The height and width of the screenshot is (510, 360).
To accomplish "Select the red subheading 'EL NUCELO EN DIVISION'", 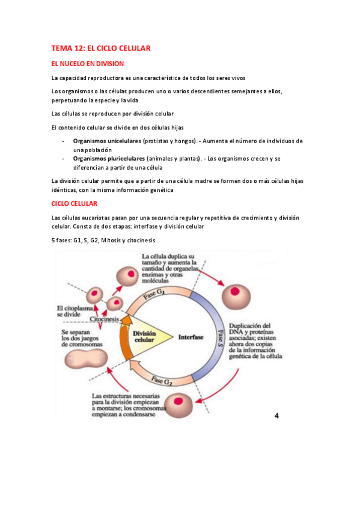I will pos(88,63).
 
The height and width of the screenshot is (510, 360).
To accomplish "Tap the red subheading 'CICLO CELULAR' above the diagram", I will pos(75,204).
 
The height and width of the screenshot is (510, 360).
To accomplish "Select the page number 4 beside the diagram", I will pos(277,415).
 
